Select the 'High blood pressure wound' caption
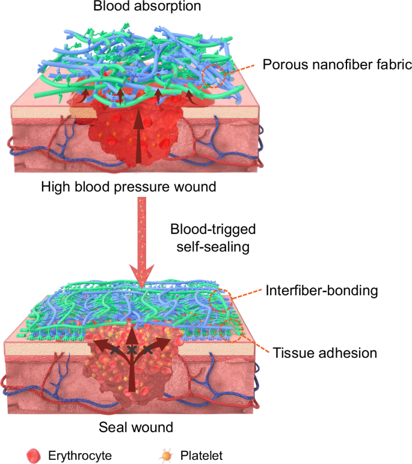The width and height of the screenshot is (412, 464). [x=129, y=187]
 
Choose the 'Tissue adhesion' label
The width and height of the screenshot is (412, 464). [x=325, y=352]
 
